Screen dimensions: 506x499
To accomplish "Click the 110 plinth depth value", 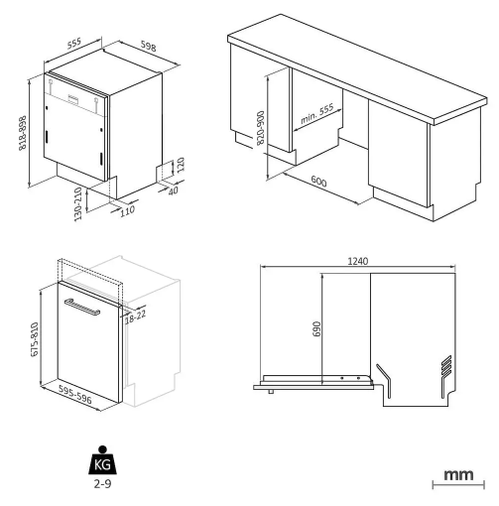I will click(x=127, y=210).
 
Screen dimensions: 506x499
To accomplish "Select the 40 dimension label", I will click(x=173, y=190).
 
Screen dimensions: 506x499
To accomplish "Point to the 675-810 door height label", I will click(x=35, y=339).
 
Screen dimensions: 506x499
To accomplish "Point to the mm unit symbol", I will click(x=457, y=477).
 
